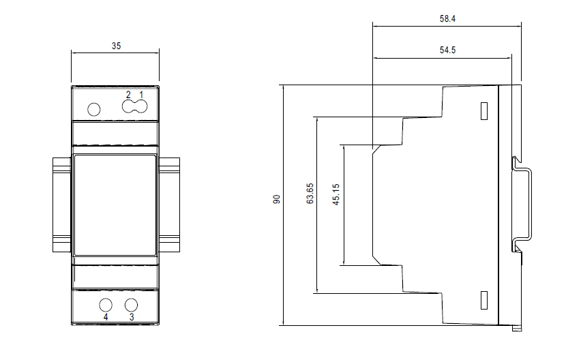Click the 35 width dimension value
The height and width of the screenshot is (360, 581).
[116, 46]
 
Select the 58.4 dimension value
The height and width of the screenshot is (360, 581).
[447, 18]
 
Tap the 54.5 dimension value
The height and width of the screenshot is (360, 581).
[447, 50]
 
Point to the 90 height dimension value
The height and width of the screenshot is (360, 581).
[277, 199]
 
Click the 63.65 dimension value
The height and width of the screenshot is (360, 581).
[310, 194]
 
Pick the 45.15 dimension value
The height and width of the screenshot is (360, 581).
[336, 194]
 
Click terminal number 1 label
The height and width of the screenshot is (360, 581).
[141, 95]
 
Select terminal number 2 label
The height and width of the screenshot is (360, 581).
[128, 95]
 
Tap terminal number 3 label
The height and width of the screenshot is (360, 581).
[132, 317]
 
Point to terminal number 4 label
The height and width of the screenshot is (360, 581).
[106, 317]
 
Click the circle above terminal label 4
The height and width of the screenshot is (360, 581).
[106, 305]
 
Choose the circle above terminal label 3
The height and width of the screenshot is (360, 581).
[131, 305]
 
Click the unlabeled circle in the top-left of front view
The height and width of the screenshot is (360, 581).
[93, 109]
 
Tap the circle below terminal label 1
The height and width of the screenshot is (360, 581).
[142, 106]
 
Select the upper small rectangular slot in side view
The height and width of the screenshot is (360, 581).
[484, 111]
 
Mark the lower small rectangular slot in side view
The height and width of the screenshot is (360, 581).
[484, 300]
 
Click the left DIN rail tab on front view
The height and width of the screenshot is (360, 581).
[62, 205]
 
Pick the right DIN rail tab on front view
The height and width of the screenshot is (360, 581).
[169, 205]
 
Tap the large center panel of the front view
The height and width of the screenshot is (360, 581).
[115, 205]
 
